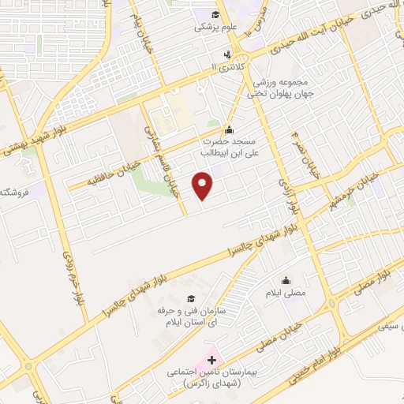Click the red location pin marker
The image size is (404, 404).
point(204,185)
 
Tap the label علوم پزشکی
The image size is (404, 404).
point(215,26)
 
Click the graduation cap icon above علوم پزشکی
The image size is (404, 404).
point(215,13)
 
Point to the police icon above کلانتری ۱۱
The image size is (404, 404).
point(227,55)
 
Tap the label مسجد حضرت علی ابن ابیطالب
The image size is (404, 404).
point(229,145)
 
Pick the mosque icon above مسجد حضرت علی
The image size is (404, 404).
point(230,130)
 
